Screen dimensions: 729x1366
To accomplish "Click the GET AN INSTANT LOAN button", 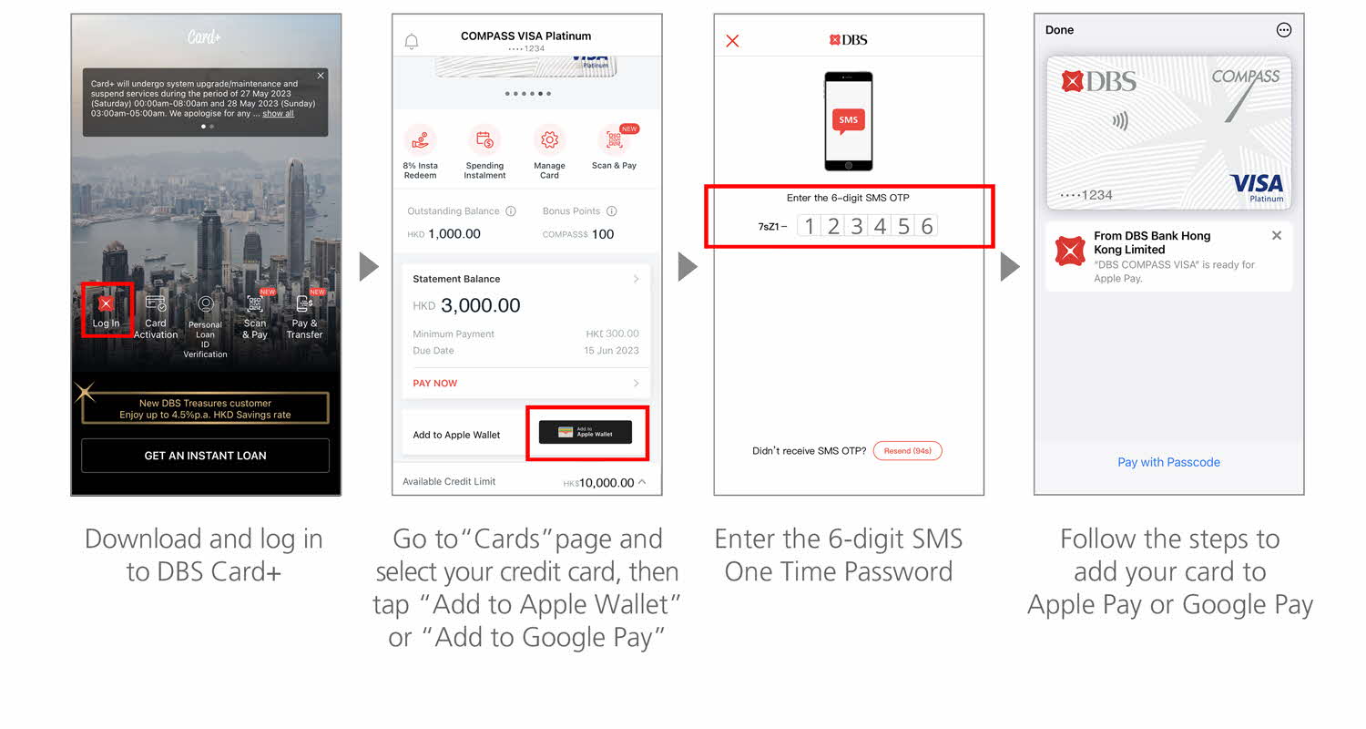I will [205, 456].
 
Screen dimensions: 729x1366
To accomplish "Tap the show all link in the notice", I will [279, 114].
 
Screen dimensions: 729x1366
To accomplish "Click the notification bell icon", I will [412, 42].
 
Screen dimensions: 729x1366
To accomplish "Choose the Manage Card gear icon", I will [549, 140].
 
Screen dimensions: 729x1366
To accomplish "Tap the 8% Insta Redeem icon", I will [420, 140].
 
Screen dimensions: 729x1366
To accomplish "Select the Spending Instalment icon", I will [484, 140].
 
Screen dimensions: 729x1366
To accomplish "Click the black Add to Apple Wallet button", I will [586, 433].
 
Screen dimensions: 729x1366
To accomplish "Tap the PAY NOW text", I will [435, 384].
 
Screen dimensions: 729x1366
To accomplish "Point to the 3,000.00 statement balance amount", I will [481, 306].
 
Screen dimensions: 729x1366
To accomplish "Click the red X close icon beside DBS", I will [732, 41].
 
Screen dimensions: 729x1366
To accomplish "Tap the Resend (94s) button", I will [908, 451].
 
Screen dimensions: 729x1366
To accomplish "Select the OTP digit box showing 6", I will [927, 226].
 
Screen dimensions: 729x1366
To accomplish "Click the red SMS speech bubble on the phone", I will [848, 120].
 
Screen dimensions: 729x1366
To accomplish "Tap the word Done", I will [1059, 30].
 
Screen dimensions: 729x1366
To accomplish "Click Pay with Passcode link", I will [1168, 462].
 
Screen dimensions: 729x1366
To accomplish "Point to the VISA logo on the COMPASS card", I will [1257, 183].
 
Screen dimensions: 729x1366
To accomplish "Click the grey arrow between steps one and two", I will [368, 267].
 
